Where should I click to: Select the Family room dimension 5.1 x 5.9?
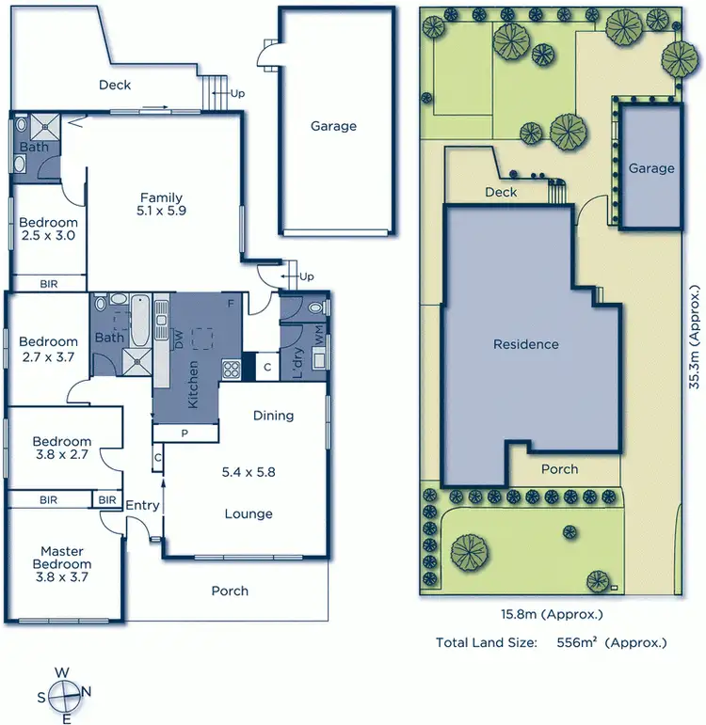tap(161, 212)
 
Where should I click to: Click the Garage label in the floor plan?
tap(334, 126)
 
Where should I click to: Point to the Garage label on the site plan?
tap(651, 168)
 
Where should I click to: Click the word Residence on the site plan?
tap(526, 344)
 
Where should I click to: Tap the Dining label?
tap(273, 415)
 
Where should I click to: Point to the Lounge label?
tap(249, 513)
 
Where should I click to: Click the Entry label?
tap(143, 506)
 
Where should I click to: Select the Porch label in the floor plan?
tap(230, 591)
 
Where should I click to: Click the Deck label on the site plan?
tap(501, 192)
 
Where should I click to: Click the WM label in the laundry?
tap(318, 334)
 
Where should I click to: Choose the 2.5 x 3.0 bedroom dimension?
tap(47, 236)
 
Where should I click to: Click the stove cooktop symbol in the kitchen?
tap(231, 369)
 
